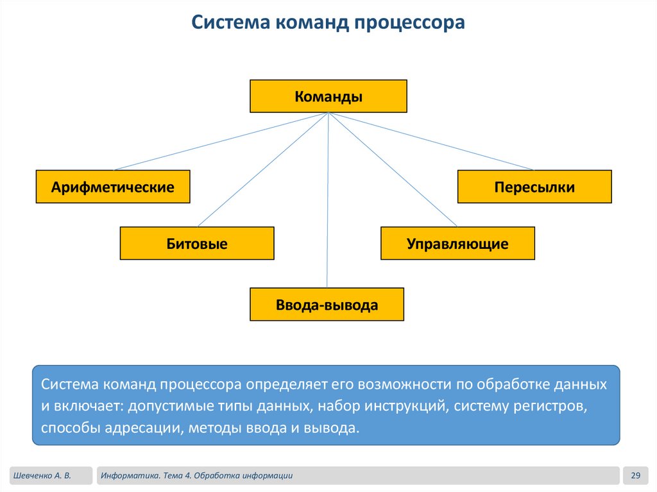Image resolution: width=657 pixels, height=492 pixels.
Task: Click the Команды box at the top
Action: (x=328, y=96)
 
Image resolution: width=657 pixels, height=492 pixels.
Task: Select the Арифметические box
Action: (x=113, y=187)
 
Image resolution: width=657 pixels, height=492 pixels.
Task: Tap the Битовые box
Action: (x=197, y=244)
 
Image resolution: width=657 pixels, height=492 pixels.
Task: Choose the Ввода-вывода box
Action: (x=327, y=304)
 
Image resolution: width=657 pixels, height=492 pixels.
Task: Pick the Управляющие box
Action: (x=457, y=244)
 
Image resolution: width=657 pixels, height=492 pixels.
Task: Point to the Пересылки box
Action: (x=534, y=187)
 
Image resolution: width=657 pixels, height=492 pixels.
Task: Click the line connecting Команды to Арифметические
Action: (x=221, y=141)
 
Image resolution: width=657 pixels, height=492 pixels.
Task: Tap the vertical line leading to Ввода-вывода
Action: (x=328, y=205)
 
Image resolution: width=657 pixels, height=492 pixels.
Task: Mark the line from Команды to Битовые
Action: (x=263, y=170)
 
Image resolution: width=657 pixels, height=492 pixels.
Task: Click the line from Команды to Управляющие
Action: (x=393, y=170)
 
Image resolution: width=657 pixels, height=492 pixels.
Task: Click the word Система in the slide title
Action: (x=232, y=23)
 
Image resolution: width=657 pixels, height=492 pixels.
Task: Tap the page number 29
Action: (x=636, y=475)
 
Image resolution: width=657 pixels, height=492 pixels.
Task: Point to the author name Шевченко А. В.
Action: (x=41, y=475)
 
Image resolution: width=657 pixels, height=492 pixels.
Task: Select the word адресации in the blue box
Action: (x=142, y=428)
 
